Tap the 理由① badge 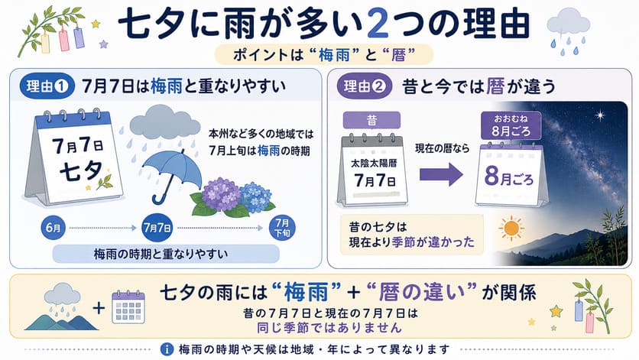click(x=47, y=86)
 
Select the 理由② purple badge click(x=365, y=86)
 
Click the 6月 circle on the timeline click(x=54, y=228)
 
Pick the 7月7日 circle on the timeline click(x=157, y=228)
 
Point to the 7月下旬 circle click(x=282, y=228)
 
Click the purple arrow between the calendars click(x=441, y=174)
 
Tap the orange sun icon click(x=511, y=229)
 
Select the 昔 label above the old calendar click(x=371, y=120)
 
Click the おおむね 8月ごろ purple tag click(x=511, y=125)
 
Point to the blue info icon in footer click(x=167, y=349)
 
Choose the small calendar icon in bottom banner click(x=128, y=307)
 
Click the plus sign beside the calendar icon click(x=99, y=307)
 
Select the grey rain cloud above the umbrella click(x=164, y=122)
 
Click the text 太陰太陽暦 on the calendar click(x=374, y=163)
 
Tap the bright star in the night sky click(x=600, y=115)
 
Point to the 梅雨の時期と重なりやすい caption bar click(x=166, y=254)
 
